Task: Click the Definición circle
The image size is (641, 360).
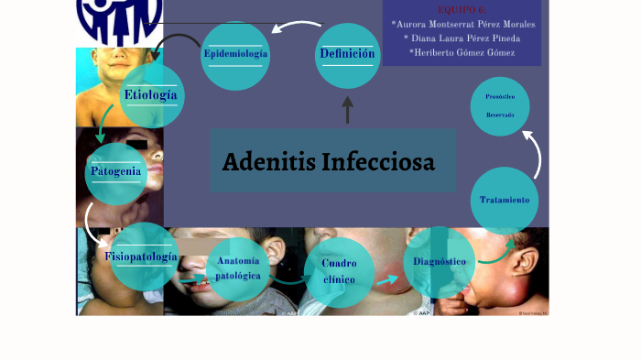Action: point(347,55)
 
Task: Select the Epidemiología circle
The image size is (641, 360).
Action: point(235,55)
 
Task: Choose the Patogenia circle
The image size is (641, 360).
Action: point(116,172)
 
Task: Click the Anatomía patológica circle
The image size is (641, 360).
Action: point(239,269)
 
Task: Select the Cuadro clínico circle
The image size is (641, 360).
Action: point(339,271)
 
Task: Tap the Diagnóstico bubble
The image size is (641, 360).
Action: point(440,263)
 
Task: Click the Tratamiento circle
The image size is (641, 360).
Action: point(505,200)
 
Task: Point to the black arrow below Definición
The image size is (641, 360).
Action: point(347,110)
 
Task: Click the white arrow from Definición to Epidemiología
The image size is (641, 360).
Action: point(294,29)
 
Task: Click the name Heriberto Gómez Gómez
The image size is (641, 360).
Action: point(462,52)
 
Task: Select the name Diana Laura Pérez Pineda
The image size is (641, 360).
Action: point(462,38)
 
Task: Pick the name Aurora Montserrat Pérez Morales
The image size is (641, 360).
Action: point(462,24)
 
